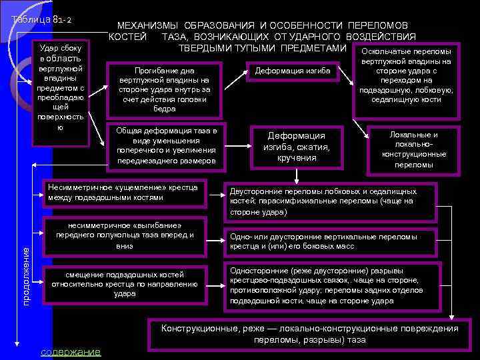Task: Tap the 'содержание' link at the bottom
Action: (x=71, y=351)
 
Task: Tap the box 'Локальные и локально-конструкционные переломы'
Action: (x=413, y=149)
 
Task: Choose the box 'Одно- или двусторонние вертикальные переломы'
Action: (x=331, y=241)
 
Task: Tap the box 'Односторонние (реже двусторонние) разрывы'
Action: (x=331, y=286)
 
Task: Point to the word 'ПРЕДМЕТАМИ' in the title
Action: (x=313, y=48)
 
